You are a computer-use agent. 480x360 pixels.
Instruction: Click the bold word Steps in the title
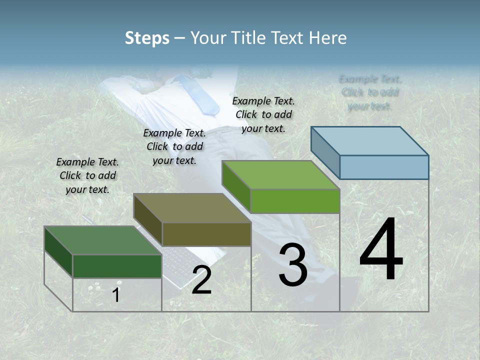click(x=147, y=38)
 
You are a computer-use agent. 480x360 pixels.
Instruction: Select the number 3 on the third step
click(x=293, y=265)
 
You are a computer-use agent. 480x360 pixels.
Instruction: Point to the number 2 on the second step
click(x=201, y=280)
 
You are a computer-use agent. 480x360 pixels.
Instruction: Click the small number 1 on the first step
click(x=115, y=295)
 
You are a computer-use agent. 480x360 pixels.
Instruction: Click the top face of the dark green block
click(x=102, y=240)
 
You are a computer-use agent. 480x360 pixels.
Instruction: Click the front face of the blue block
click(x=384, y=167)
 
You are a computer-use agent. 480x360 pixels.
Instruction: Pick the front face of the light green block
click(x=295, y=201)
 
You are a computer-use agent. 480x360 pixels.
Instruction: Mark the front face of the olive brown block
click(x=206, y=234)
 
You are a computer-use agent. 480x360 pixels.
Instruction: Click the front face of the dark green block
click(x=117, y=266)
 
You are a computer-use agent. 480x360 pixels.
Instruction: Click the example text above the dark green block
click(x=87, y=175)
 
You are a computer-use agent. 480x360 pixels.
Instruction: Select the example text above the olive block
click(x=174, y=146)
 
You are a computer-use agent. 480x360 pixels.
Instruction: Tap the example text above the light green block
click(x=263, y=114)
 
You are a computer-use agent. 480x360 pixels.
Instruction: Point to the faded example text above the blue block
click(x=370, y=92)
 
